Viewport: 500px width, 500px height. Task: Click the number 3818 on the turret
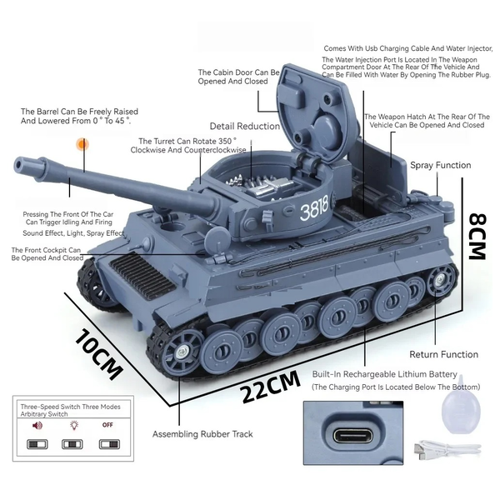(314, 208)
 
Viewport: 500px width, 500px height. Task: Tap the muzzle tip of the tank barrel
(18, 166)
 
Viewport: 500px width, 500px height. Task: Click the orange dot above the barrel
(82, 144)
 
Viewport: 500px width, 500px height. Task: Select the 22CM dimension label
(270, 386)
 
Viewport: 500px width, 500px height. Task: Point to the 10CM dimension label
(98, 355)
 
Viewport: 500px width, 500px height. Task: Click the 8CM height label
(477, 237)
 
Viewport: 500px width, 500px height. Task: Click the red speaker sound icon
(37, 425)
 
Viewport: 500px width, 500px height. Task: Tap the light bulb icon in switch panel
(74, 425)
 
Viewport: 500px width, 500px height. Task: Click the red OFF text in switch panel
(107, 425)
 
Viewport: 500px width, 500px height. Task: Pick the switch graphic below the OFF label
(109, 444)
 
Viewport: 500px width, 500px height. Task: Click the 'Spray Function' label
(440, 165)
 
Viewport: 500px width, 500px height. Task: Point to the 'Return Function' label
(443, 354)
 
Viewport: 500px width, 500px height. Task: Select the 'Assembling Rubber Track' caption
(202, 434)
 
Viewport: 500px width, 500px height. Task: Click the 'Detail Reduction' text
(244, 127)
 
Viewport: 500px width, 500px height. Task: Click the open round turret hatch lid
(316, 112)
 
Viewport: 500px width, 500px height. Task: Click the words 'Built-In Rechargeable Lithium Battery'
(384, 374)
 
